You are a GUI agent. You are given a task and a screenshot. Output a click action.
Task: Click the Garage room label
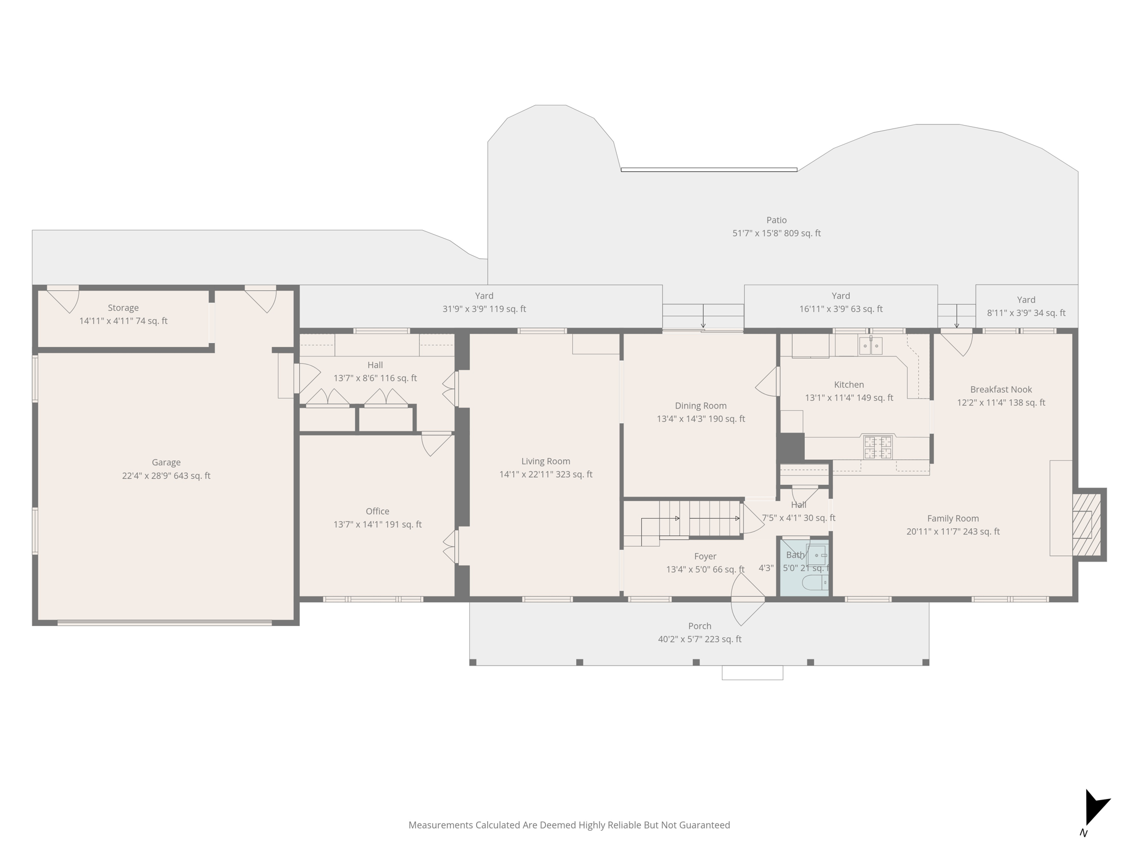[166, 462]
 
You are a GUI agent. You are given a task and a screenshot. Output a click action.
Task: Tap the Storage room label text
[123, 307]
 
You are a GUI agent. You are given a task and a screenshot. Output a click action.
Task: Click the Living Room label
[546, 461]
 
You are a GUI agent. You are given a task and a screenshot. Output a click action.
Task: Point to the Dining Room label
[700, 406]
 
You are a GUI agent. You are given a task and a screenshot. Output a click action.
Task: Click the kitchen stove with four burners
[877, 448]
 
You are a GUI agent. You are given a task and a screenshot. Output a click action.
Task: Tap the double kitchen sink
[870, 346]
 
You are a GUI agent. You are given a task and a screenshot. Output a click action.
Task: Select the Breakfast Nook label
[1001, 389]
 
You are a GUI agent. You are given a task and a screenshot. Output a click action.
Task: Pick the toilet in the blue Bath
[815, 582]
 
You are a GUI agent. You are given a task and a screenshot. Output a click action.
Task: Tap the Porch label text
[699, 626]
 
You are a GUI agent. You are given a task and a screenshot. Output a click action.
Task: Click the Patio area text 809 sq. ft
[802, 234]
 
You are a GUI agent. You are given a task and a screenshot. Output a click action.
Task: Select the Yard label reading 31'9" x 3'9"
[484, 309]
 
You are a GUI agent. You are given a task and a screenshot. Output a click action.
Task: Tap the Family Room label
[953, 518]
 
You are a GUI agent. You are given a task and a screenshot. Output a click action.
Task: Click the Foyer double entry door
[747, 600]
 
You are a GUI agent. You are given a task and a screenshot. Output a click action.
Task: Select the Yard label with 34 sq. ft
[1026, 313]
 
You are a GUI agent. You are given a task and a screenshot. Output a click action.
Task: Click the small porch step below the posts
[752, 673]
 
